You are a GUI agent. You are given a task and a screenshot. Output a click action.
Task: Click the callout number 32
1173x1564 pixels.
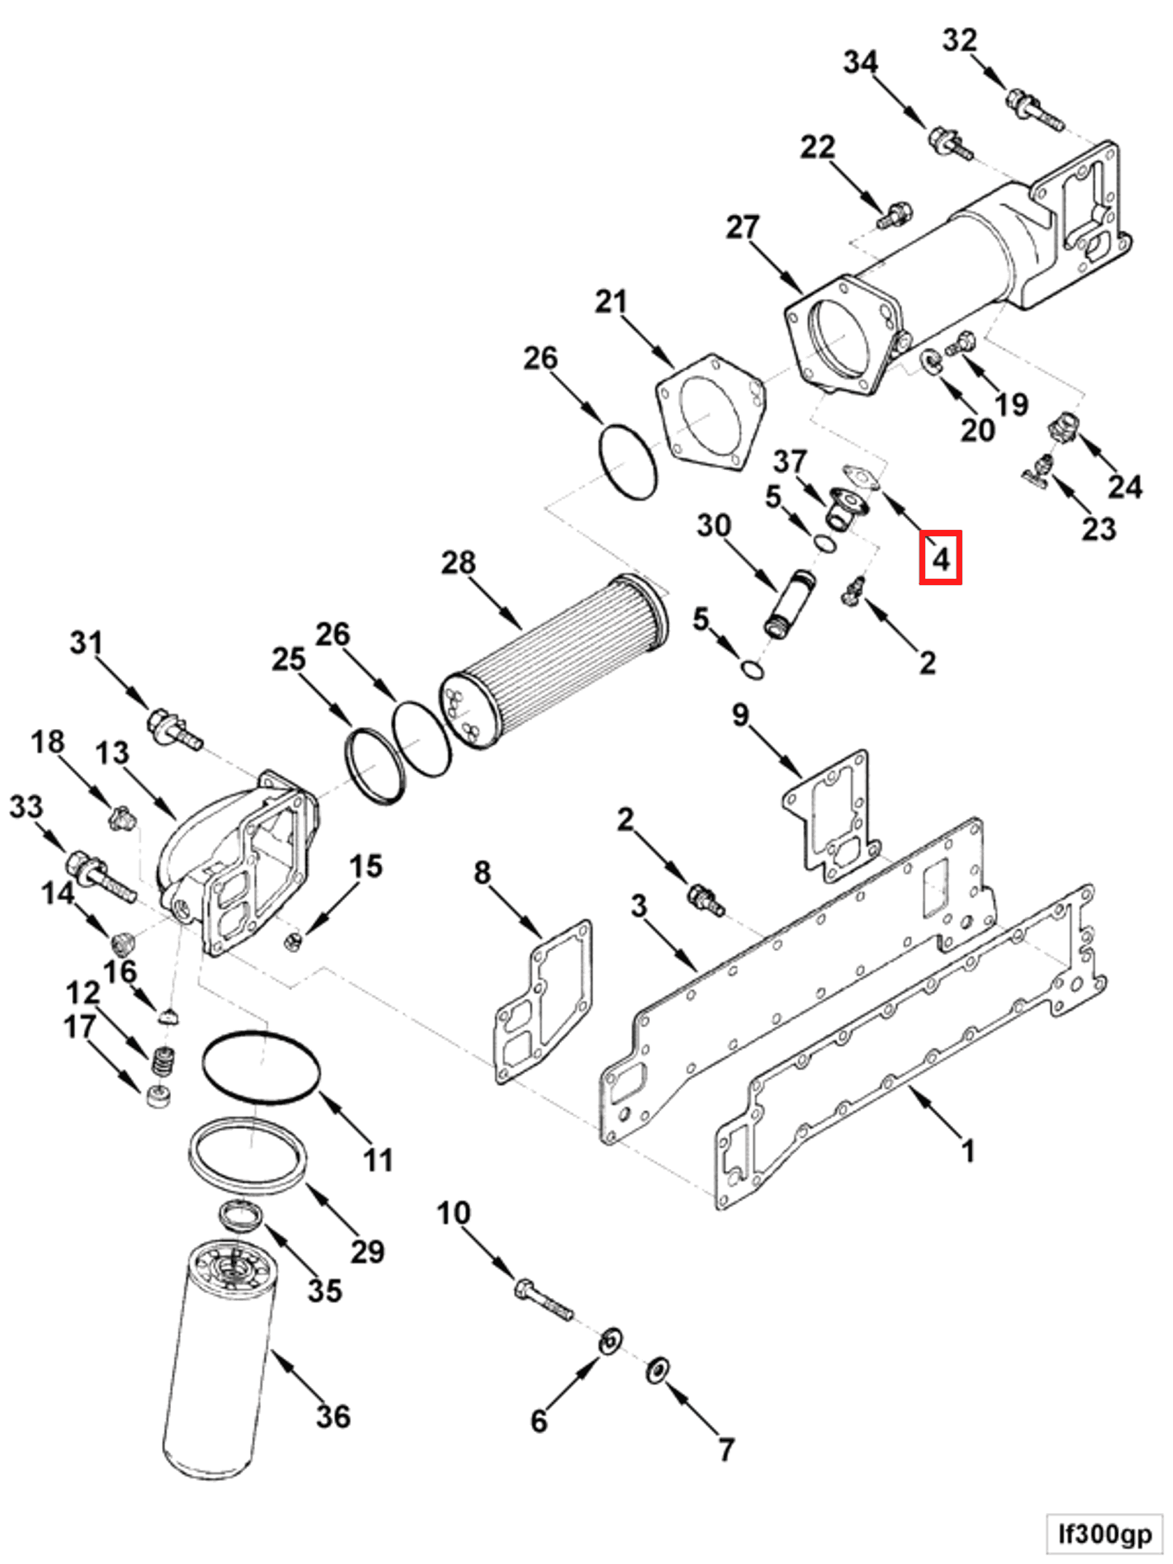tap(959, 40)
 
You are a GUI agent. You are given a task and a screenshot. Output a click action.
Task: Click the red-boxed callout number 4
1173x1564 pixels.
tap(940, 559)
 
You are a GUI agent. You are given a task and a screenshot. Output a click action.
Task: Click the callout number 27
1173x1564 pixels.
tap(742, 228)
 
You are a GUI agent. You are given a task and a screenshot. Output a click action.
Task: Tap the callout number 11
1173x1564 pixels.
tap(378, 1159)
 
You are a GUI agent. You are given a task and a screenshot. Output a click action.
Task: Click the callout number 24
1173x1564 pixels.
tap(1124, 487)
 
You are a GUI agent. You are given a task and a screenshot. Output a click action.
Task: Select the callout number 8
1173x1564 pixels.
tap(482, 873)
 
